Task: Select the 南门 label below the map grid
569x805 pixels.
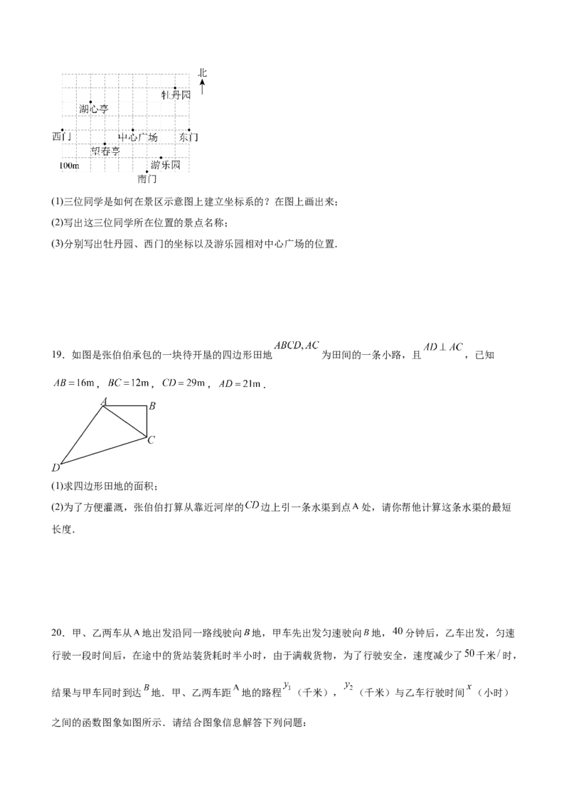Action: [x=148, y=181]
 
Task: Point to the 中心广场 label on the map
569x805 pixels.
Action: [x=139, y=135]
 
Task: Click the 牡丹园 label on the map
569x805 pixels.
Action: [x=176, y=94]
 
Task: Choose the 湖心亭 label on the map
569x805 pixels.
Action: [x=69, y=166]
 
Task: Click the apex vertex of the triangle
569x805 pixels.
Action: [x=104, y=405]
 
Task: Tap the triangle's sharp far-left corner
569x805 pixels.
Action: [x=56, y=467]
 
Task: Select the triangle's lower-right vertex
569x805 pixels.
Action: [x=152, y=438]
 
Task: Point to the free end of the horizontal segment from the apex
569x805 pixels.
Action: [x=151, y=405]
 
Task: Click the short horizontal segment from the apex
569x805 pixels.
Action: [x=128, y=405]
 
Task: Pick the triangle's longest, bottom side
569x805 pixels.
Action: [x=104, y=452]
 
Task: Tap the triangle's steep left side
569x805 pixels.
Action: [x=80, y=435]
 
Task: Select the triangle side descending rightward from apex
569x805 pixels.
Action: [x=128, y=421]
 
